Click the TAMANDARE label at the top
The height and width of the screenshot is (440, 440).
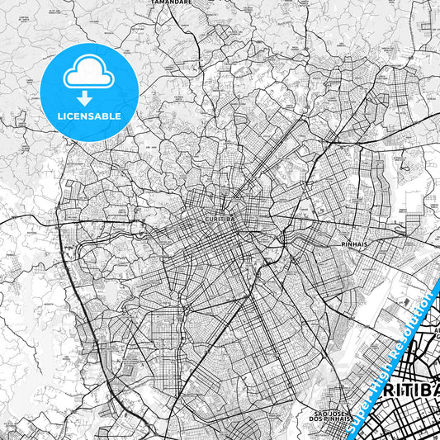[172, 2]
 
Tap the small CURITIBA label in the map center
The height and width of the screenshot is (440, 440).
[218, 220]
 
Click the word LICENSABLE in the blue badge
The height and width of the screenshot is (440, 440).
[90, 116]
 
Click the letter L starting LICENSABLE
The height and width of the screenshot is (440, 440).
[61, 116]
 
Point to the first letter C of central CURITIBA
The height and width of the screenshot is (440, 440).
[203, 220]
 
